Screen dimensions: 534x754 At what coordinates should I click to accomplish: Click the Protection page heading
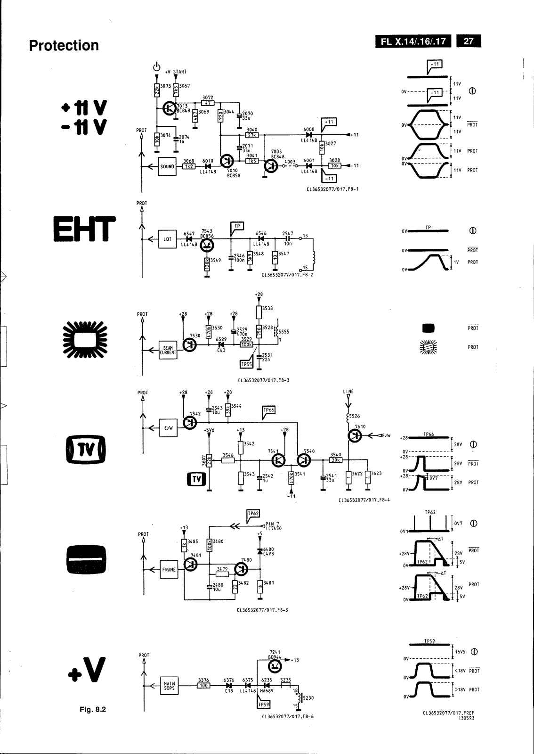[64, 46]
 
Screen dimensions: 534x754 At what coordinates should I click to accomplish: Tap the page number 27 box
[468, 41]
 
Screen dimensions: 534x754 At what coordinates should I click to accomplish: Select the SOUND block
[167, 167]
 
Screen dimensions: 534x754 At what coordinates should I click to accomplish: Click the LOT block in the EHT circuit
[167, 239]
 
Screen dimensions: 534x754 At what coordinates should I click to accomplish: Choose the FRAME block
[169, 569]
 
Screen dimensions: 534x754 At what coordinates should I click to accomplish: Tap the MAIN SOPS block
[169, 685]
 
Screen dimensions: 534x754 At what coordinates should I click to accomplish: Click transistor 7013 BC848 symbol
[169, 108]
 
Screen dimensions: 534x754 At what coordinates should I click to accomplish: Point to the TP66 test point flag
[269, 410]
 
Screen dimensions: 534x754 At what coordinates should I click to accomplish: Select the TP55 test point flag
[246, 364]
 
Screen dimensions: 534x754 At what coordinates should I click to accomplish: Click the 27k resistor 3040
[252, 135]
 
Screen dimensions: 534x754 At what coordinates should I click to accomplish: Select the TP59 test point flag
[263, 705]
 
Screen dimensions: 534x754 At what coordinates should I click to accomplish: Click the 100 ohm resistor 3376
[204, 685]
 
